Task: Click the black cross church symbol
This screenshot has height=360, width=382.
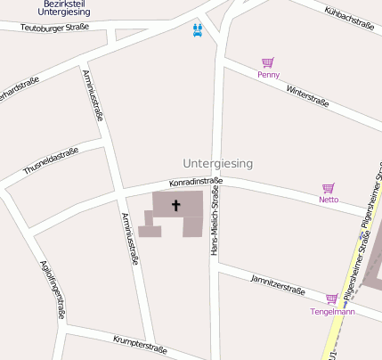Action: [175, 206]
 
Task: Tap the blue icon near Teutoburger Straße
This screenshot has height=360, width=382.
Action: [198, 29]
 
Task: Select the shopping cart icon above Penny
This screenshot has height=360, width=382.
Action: [267, 62]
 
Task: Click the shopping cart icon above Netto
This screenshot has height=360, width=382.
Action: [328, 188]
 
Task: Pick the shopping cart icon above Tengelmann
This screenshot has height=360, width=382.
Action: [331, 299]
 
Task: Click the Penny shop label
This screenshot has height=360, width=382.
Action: [268, 75]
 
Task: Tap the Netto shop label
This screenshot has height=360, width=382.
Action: [329, 200]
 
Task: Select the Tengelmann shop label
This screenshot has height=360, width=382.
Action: [332, 312]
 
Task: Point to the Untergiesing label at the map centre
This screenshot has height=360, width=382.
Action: [217, 164]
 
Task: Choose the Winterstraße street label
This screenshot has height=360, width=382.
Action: [307, 96]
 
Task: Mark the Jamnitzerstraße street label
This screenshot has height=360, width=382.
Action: [278, 284]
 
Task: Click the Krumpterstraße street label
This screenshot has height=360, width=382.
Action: [140, 344]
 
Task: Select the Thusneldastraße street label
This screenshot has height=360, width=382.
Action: [51, 160]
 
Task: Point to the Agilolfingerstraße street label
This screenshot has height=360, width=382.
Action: [53, 289]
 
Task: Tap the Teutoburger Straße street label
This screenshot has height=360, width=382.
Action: [54, 28]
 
